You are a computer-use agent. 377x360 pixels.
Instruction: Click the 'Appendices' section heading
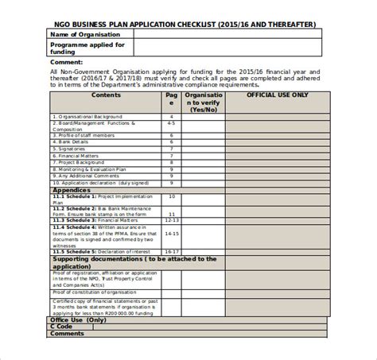tap(72, 191)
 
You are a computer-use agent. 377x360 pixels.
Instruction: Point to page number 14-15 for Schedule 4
tap(171, 233)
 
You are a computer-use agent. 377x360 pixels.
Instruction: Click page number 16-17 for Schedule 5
tap(171, 251)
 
